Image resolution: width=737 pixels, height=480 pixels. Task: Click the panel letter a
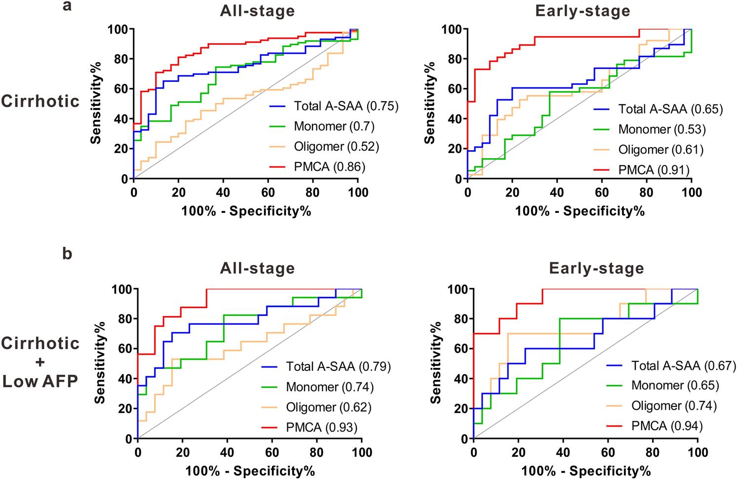click(x=67, y=6)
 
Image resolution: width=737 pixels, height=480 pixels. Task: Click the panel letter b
click(x=67, y=253)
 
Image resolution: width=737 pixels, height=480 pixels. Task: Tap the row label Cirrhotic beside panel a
click(x=40, y=101)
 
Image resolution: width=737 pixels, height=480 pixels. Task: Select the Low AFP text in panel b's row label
click(x=40, y=381)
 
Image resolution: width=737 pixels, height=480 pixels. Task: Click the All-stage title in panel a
click(x=257, y=11)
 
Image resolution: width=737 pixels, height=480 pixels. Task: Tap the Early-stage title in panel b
click(x=596, y=268)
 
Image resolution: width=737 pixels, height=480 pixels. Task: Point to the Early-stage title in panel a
click(x=582, y=11)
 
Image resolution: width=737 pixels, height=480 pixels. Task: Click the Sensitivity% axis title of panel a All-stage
click(x=96, y=103)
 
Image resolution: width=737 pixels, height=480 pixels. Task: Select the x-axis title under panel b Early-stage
click(x=586, y=471)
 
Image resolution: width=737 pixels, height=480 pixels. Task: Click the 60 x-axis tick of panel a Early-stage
click(x=602, y=192)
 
